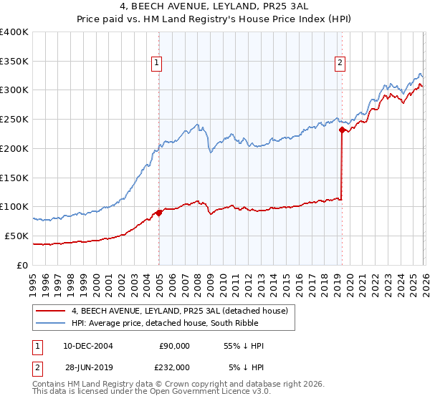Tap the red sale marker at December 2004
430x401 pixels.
pyautogui.click(x=158, y=212)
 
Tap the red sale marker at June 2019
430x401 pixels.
pyautogui.click(x=342, y=130)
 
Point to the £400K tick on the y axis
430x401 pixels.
pyautogui.click(x=14, y=32)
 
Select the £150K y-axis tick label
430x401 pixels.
pyautogui.click(x=14, y=178)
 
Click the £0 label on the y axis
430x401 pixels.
pyautogui.click(x=23, y=265)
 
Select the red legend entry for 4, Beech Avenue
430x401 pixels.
pyautogui.click(x=179, y=311)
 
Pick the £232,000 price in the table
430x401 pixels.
pyautogui.click(x=174, y=366)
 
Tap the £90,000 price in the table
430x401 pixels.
pyautogui.click(x=174, y=346)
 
